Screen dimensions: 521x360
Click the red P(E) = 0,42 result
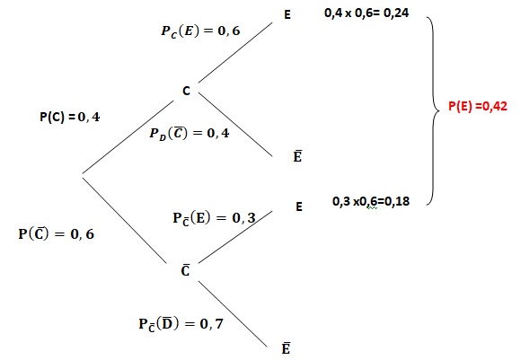pos(478,106)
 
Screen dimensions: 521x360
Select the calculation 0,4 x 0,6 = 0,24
pos(366,13)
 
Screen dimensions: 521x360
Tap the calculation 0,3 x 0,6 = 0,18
pos(371,201)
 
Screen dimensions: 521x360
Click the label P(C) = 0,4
pos(70,117)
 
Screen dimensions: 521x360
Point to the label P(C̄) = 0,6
pos(57,234)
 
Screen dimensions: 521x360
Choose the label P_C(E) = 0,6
pos(200,31)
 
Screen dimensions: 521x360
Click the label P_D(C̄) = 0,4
pos(190,134)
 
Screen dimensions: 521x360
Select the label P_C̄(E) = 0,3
pos(215,218)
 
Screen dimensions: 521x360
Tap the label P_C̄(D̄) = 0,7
pos(181,324)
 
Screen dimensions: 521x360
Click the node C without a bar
pos(187,91)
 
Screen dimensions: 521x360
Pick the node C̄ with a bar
pos(185,270)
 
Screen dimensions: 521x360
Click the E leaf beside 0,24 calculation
pos(287,14)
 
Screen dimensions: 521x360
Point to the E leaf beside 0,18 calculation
pos(299,206)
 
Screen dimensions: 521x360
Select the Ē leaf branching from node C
pos(297,156)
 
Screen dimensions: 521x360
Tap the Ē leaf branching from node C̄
pos(286,348)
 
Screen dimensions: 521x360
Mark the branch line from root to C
pos(128,136)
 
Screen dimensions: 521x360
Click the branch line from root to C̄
pos(124,221)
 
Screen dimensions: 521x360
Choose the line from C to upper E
pos(235,52)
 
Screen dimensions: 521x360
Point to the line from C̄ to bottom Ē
pos(233,314)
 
